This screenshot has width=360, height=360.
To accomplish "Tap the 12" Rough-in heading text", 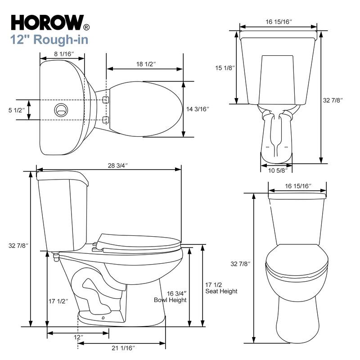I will (49, 40).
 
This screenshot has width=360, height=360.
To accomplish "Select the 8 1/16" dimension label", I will (63, 54).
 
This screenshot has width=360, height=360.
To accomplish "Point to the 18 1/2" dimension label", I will (146, 64).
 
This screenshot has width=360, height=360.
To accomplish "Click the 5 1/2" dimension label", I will (16, 110).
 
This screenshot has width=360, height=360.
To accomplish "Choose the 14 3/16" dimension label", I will (198, 109).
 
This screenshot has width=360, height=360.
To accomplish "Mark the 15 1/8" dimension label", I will (225, 68).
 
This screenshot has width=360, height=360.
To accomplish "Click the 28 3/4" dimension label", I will (117, 165).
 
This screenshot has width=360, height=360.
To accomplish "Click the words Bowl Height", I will (170, 300).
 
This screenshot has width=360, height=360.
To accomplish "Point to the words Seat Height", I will (221, 291).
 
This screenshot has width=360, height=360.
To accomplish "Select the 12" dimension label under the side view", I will (78, 337).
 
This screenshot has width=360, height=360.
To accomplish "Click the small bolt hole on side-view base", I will (103, 318).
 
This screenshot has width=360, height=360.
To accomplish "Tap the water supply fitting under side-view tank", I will (56, 257).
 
